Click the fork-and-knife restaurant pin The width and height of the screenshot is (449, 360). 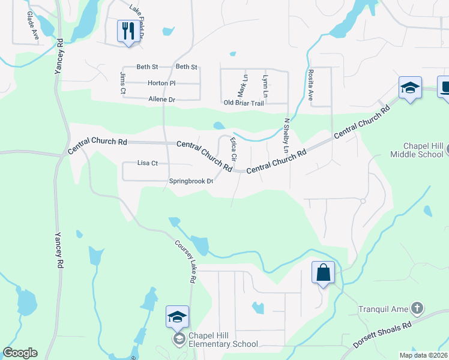[128, 31]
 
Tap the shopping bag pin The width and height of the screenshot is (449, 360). [323, 272]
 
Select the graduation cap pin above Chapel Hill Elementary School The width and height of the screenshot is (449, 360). [178, 317]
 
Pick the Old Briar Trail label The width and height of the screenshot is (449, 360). [244, 103]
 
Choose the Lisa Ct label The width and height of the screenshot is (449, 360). [147, 163]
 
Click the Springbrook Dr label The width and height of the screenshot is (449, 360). [191, 181]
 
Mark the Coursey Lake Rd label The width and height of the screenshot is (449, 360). [186, 262]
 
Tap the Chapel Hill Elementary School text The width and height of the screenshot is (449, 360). [223, 340]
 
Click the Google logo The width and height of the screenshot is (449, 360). [20, 353]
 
